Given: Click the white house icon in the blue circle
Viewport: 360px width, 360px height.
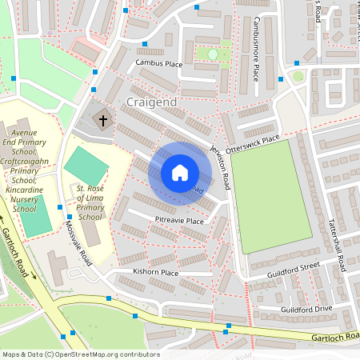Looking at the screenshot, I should [x=180, y=173].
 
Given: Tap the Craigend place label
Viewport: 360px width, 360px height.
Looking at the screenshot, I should [x=151, y=103].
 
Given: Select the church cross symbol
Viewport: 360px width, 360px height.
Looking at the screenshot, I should [x=102, y=121].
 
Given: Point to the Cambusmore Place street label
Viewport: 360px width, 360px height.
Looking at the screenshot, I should [x=256, y=47].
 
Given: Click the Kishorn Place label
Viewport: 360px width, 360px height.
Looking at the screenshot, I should [x=156, y=272].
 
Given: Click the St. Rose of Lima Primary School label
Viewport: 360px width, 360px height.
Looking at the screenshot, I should [x=90, y=202].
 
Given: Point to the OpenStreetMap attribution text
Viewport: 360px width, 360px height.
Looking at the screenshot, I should [x=80, y=354].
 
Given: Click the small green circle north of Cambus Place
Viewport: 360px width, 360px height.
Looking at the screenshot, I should [x=213, y=54].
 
